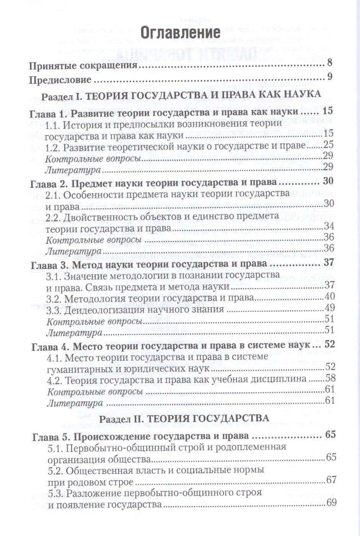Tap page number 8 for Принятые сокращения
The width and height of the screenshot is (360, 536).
tap(330, 64)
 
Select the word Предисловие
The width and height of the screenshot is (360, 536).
tap(60, 80)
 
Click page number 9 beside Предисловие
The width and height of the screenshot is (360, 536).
tap(330, 77)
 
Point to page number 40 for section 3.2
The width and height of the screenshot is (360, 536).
tap(329, 296)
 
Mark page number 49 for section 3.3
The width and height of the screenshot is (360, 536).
tap(329, 307)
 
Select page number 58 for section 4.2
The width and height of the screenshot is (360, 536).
tap(330, 378)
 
